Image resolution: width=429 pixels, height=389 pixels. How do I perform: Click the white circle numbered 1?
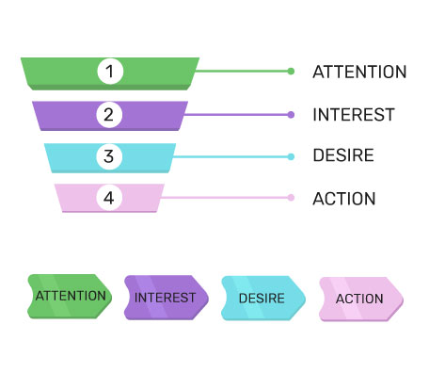pos(110,72)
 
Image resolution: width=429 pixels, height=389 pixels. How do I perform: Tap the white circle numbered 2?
pos(109,115)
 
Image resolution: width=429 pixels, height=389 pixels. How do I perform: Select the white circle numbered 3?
pos(109,156)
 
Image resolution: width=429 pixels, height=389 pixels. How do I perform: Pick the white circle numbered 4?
pos(109,198)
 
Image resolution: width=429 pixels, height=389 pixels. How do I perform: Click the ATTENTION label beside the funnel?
pos(359,72)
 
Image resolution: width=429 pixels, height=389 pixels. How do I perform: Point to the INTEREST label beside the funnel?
pos(354,115)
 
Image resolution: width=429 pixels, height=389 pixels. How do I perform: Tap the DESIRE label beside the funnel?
pos(343,155)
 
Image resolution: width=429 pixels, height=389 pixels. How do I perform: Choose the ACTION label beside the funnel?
pos(344,199)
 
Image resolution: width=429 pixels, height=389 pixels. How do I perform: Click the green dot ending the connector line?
pos(291,72)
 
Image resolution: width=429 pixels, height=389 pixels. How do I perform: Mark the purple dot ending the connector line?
pos(291,115)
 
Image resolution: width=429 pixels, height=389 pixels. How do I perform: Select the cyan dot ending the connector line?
pos(291,156)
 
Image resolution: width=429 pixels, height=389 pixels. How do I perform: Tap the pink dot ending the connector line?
pos(291,198)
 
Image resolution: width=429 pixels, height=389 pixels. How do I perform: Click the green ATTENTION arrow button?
pos(70,297)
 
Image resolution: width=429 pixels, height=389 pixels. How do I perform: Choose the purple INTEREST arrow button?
pos(167,298)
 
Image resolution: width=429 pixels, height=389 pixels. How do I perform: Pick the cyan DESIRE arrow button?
pos(263,299)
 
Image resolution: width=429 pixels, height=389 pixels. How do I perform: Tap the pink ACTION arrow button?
pos(361,300)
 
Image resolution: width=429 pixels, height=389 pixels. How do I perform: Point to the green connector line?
pos(242,72)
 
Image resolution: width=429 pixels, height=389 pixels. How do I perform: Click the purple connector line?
pos(236,115)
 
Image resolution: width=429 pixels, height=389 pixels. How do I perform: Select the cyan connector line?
pos(230,156)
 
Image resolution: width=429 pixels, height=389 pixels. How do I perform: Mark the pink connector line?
pos(225,198)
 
